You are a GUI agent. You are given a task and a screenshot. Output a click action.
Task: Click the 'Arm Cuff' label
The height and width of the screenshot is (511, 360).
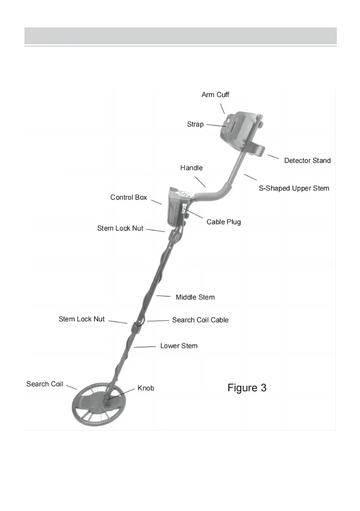(215, 94)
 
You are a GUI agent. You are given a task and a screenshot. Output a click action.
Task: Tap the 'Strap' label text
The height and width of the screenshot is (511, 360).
(195, 124)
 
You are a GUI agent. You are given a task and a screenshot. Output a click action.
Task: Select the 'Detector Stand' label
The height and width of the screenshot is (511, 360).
(307, 160)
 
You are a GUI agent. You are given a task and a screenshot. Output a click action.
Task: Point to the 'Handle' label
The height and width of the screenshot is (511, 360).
(191, 168)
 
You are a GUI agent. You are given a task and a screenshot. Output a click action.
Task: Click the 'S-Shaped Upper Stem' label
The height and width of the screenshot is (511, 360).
(294, 188)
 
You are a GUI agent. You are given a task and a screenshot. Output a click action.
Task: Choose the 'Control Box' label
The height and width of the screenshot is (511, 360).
(129, 197)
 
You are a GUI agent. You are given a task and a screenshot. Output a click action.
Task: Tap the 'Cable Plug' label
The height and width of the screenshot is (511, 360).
(224, 222)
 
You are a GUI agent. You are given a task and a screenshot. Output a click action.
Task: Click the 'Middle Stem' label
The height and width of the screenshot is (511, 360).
(195, 297)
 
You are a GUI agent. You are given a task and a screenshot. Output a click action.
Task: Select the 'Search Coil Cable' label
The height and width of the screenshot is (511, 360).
(200, 320)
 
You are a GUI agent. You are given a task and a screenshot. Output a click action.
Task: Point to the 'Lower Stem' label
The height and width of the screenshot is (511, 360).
(179, 345)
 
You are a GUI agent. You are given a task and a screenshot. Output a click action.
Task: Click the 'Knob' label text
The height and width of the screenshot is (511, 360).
(145, 388)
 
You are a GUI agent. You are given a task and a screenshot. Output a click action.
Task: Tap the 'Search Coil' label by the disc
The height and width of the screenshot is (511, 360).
(45, 384)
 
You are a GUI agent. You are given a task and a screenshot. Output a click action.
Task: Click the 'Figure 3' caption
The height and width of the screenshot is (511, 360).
(247, 388)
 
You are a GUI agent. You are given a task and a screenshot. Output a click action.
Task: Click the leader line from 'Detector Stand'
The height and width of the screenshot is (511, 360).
(273, 156)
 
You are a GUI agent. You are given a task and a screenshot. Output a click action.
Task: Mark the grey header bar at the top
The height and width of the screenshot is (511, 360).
(180, 36)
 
